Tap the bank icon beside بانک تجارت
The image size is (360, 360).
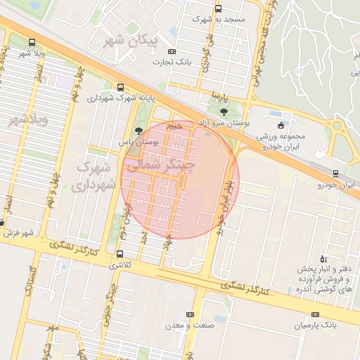click(x=171, y=52)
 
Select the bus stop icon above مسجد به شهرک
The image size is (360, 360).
click(x=218, y=9)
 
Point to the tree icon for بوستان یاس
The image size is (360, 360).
click(x=138, y=130)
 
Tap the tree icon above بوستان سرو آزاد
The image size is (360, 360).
click(x=224, y=111)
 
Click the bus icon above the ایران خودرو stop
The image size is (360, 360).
click(x=335, y=174)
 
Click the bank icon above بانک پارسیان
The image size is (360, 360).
click(x=315, y=315)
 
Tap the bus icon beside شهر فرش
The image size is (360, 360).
click(x=2, y=222)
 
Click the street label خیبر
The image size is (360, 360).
click(x=174, y=125)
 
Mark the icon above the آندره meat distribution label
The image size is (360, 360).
click(x=323, y=259)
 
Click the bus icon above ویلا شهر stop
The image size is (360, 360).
click(x=32, y=41)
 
